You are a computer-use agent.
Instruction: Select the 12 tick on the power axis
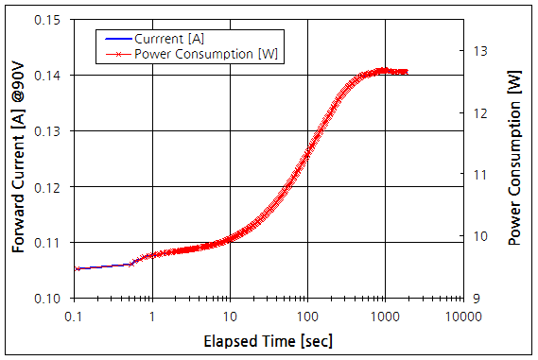(x=480, y=112)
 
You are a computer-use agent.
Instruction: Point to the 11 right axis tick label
(x=479, y=175)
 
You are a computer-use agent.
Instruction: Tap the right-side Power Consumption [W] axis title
(x=514, y=159)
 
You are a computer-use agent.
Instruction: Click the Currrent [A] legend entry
(x=169, y=39)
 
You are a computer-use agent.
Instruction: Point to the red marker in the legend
(x=116, y=53)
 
